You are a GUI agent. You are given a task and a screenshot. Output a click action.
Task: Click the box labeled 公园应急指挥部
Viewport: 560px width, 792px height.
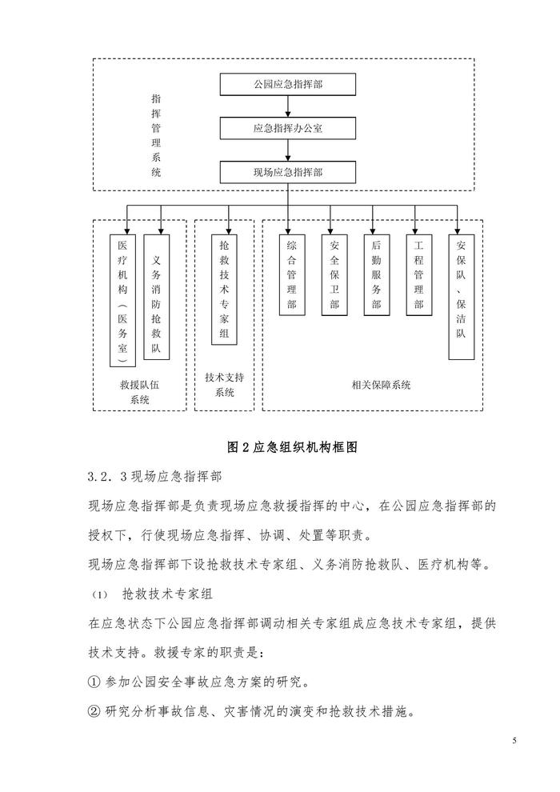click(288, 83)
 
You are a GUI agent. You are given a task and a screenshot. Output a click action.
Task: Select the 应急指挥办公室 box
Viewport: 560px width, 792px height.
click(288, 128)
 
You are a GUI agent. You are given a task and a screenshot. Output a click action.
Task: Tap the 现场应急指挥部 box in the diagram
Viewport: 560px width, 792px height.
click(288, 172)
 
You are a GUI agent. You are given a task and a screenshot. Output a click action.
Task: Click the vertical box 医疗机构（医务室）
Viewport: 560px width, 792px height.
click(122, 301)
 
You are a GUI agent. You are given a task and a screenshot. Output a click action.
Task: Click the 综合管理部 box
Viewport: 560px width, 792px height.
click(290, 275)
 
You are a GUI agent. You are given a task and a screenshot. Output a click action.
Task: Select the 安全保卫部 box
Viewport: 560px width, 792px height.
click(334, 275)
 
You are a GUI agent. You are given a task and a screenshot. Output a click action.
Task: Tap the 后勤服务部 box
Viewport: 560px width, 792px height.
click(376, 275)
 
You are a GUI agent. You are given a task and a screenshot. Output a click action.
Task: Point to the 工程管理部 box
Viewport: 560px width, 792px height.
click(418, 275)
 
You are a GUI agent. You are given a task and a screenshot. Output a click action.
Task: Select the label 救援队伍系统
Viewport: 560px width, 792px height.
click(139, 391)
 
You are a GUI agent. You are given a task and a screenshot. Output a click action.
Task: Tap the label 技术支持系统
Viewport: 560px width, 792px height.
click(225, 384)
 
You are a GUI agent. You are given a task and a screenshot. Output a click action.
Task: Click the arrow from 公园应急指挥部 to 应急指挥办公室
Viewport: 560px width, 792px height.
click(288, 106)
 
